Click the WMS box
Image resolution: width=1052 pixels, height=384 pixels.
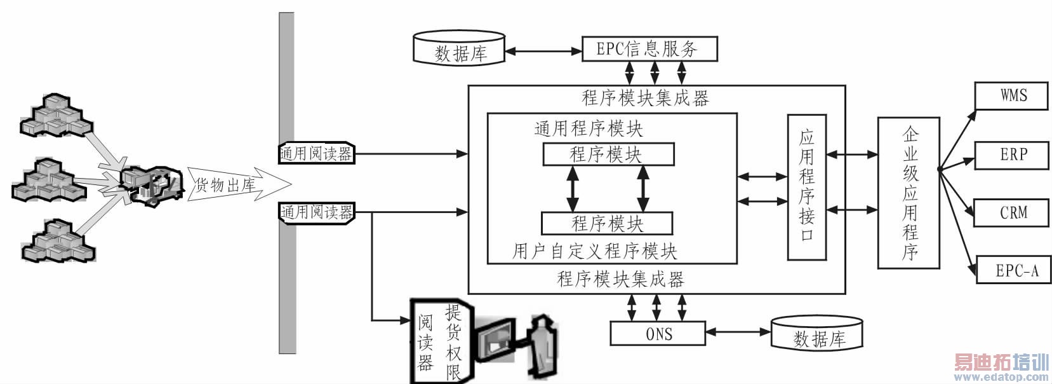1011,95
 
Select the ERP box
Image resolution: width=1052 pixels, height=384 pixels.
1011,154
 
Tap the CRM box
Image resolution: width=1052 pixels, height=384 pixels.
1011,213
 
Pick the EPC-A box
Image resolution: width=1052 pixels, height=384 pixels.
1014,270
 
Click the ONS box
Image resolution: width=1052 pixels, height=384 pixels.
658,333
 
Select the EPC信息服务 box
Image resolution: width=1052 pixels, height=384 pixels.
649,49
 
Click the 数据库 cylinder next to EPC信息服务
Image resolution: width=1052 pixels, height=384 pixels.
459,49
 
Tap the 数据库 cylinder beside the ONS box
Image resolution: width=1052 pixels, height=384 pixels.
817,334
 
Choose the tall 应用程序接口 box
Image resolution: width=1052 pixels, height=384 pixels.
806,187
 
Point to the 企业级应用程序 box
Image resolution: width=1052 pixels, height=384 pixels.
909,193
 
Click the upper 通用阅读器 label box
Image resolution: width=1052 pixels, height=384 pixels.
316,153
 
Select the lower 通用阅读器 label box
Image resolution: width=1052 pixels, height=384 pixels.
316,212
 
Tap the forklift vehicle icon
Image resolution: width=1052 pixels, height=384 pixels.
150,185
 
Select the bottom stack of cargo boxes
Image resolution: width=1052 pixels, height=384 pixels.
57,241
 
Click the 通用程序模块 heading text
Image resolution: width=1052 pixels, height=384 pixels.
589,128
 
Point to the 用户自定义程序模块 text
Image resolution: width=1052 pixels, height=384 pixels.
595,251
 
